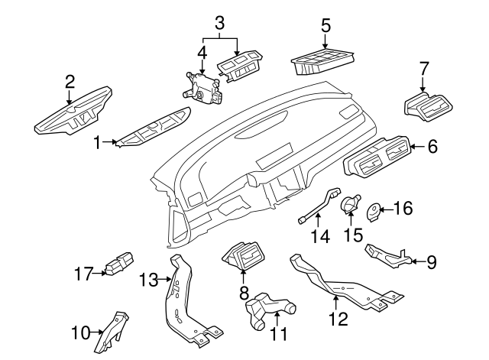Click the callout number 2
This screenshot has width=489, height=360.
70,80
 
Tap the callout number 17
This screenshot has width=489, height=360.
83,271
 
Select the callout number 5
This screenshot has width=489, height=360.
325,25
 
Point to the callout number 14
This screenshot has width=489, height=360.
321,237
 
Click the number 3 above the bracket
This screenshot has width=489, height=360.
219,23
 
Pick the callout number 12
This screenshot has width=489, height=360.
337,318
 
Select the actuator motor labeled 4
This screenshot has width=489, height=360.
200,84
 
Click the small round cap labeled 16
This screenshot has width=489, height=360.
374,209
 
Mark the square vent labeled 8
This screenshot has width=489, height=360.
243,256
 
